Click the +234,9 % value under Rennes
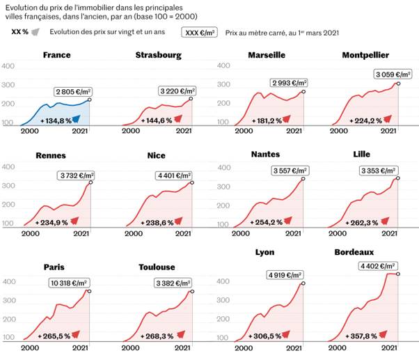54,222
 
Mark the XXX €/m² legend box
200,33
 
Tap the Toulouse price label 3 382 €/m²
174,283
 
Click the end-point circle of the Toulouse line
191,292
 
